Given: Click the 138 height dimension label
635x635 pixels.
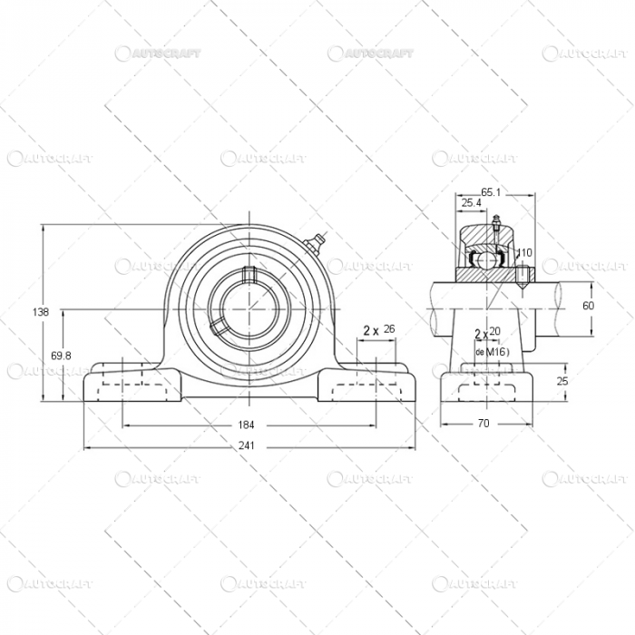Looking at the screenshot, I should [41, 312].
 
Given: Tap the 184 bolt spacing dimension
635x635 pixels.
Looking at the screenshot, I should [246, 425].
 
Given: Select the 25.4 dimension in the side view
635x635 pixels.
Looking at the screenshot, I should [471, 203].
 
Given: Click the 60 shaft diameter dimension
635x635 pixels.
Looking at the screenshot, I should [588, 306].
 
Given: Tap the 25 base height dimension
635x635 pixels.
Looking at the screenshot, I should [562, 381].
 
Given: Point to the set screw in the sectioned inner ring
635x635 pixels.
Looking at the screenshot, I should [524, 276].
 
